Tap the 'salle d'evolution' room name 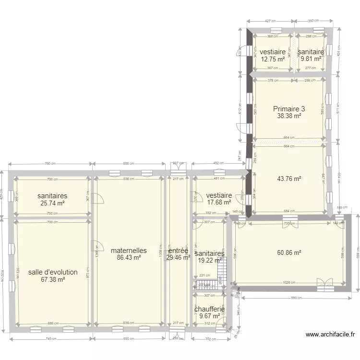point(53,272)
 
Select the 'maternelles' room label point(128,251)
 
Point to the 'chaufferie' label point(210,310)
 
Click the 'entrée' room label point(178,251)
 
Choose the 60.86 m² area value point(289,252)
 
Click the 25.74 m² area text point(52,203)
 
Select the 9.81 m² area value point(310,59)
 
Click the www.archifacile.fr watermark point(330,335)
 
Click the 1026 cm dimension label point(289,282)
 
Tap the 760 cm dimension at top point(50,164)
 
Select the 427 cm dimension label point(270,21)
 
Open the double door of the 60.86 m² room point(325,285)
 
